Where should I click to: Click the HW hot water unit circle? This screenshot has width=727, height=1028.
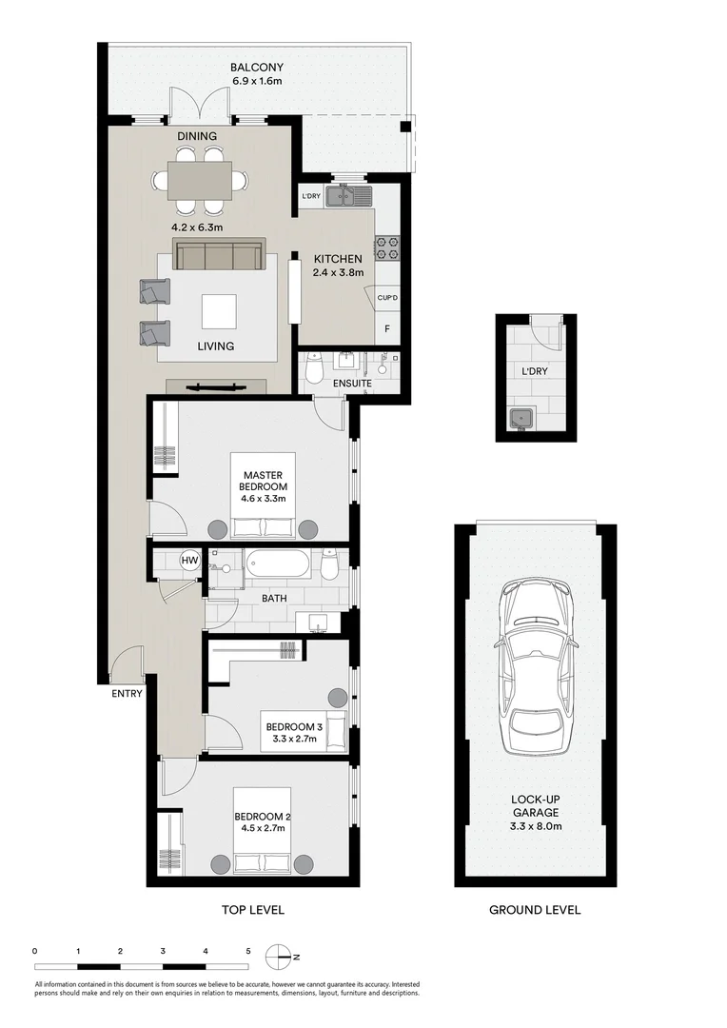(190, 561)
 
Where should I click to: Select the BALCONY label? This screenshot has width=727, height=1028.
(256, 67)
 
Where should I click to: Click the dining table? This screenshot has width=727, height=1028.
(200, 180)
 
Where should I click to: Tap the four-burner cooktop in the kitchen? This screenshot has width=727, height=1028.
(386, 247)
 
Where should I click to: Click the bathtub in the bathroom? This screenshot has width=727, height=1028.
(278, 564)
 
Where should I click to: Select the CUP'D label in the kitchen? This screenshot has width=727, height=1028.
(387, 298)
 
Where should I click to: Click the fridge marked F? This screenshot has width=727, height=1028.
(387, 329)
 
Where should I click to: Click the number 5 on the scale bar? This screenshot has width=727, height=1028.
(247, 951)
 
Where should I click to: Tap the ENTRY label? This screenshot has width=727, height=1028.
(127, 693)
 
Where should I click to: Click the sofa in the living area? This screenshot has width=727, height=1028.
(219, 254)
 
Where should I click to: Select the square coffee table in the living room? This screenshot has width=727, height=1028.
(219, 311)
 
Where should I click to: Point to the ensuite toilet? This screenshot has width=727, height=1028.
(313, 368)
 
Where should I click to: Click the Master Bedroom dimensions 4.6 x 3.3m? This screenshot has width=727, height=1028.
(263, 498)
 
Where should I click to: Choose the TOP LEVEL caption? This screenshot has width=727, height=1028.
(252, 909)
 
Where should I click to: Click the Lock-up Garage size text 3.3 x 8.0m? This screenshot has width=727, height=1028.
(536, 826)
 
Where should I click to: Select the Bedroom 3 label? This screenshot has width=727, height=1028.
(294, 727)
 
